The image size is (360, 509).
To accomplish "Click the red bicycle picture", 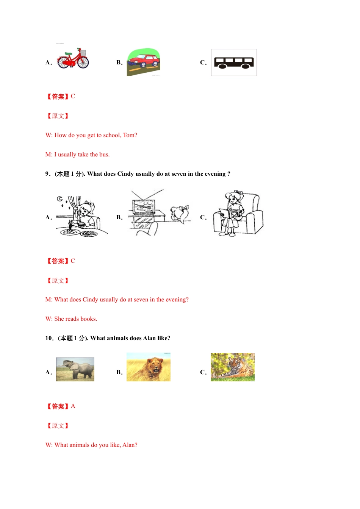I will (x=73, y=59).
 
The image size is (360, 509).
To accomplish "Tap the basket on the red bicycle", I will (x=83, y=53).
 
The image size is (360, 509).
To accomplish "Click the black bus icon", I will (x=234, y=62).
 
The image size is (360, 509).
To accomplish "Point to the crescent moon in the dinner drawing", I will (x=60, y=199).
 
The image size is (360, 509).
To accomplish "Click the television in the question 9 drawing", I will (x=144, y=207).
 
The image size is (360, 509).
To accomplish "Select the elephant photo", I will (x=75, y=369).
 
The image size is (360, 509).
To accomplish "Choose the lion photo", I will (x=149, y=367).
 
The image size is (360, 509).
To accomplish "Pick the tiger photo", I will (x=233, y=367).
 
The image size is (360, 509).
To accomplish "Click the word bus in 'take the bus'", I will (x=104, y=155).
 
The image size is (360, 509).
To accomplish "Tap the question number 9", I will (x=47, y=174).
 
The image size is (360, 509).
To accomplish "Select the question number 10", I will (x=49, y=338).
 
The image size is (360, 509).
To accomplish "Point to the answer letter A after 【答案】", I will (x=73, y=406).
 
